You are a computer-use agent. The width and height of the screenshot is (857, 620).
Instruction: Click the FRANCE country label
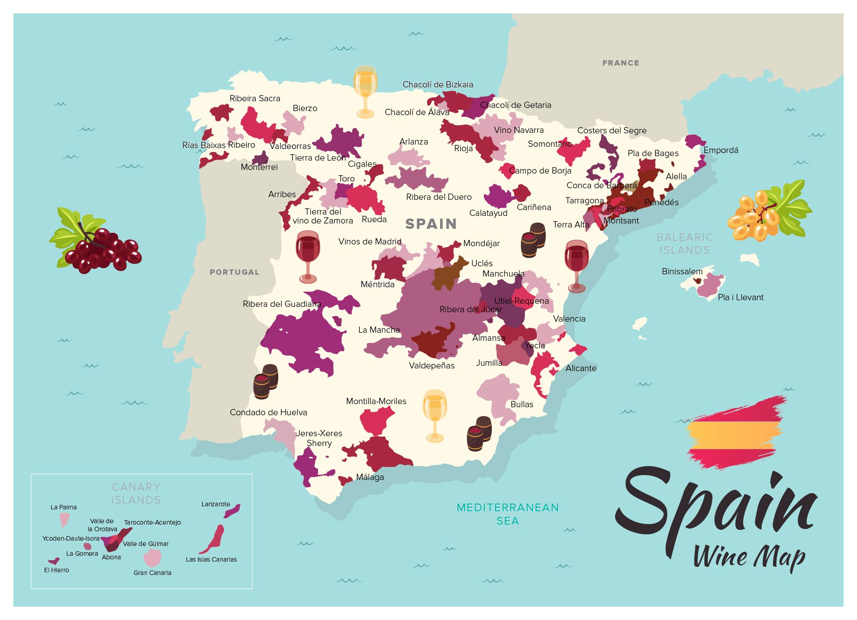620,63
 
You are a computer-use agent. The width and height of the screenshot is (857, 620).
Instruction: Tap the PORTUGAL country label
234,272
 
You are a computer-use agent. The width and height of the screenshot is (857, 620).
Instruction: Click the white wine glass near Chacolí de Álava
365,91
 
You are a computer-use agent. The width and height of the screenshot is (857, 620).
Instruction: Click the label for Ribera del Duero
438,197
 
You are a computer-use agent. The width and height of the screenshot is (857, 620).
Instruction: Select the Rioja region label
463,149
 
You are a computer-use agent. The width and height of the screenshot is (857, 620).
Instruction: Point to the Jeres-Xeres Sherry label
319,438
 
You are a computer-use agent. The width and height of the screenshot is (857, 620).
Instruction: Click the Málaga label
370,477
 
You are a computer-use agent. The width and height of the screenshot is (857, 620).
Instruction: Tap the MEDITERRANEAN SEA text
508,514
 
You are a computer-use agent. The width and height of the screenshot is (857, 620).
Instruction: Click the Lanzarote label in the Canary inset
216,504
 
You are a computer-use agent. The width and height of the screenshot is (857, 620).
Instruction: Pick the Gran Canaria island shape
152,558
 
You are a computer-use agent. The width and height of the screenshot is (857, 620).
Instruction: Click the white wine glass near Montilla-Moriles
434,415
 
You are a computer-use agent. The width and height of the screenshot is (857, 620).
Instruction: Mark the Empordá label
720,150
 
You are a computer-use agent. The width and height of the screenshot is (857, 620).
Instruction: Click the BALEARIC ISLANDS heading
685,244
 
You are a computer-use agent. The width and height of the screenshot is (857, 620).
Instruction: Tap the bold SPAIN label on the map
431,223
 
